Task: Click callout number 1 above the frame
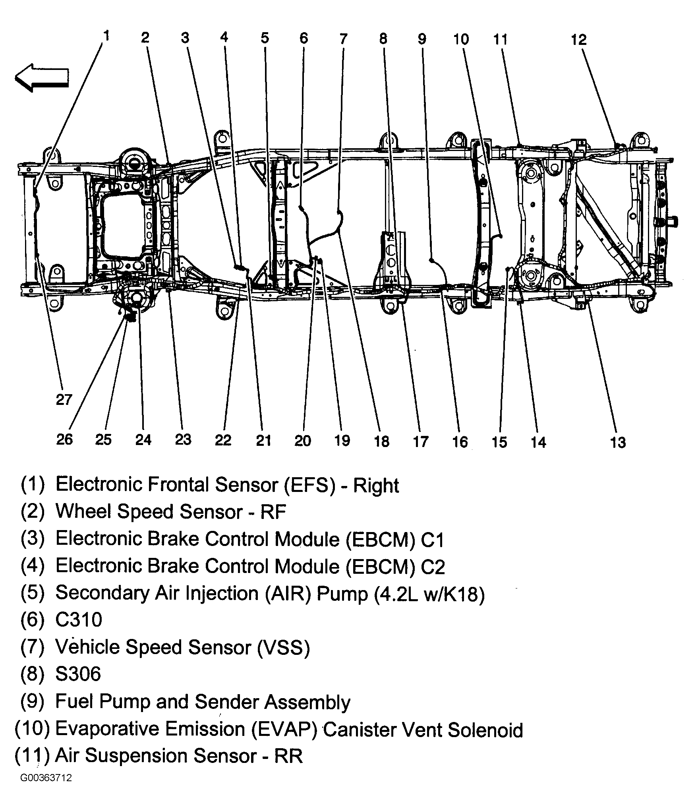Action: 106,36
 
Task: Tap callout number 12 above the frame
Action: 579,39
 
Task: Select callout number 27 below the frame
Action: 64,399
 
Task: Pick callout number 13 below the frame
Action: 618,442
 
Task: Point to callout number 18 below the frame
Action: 382,441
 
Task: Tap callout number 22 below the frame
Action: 223,440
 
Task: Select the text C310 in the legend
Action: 79,619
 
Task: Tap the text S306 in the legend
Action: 78,674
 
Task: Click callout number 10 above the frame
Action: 461,39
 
